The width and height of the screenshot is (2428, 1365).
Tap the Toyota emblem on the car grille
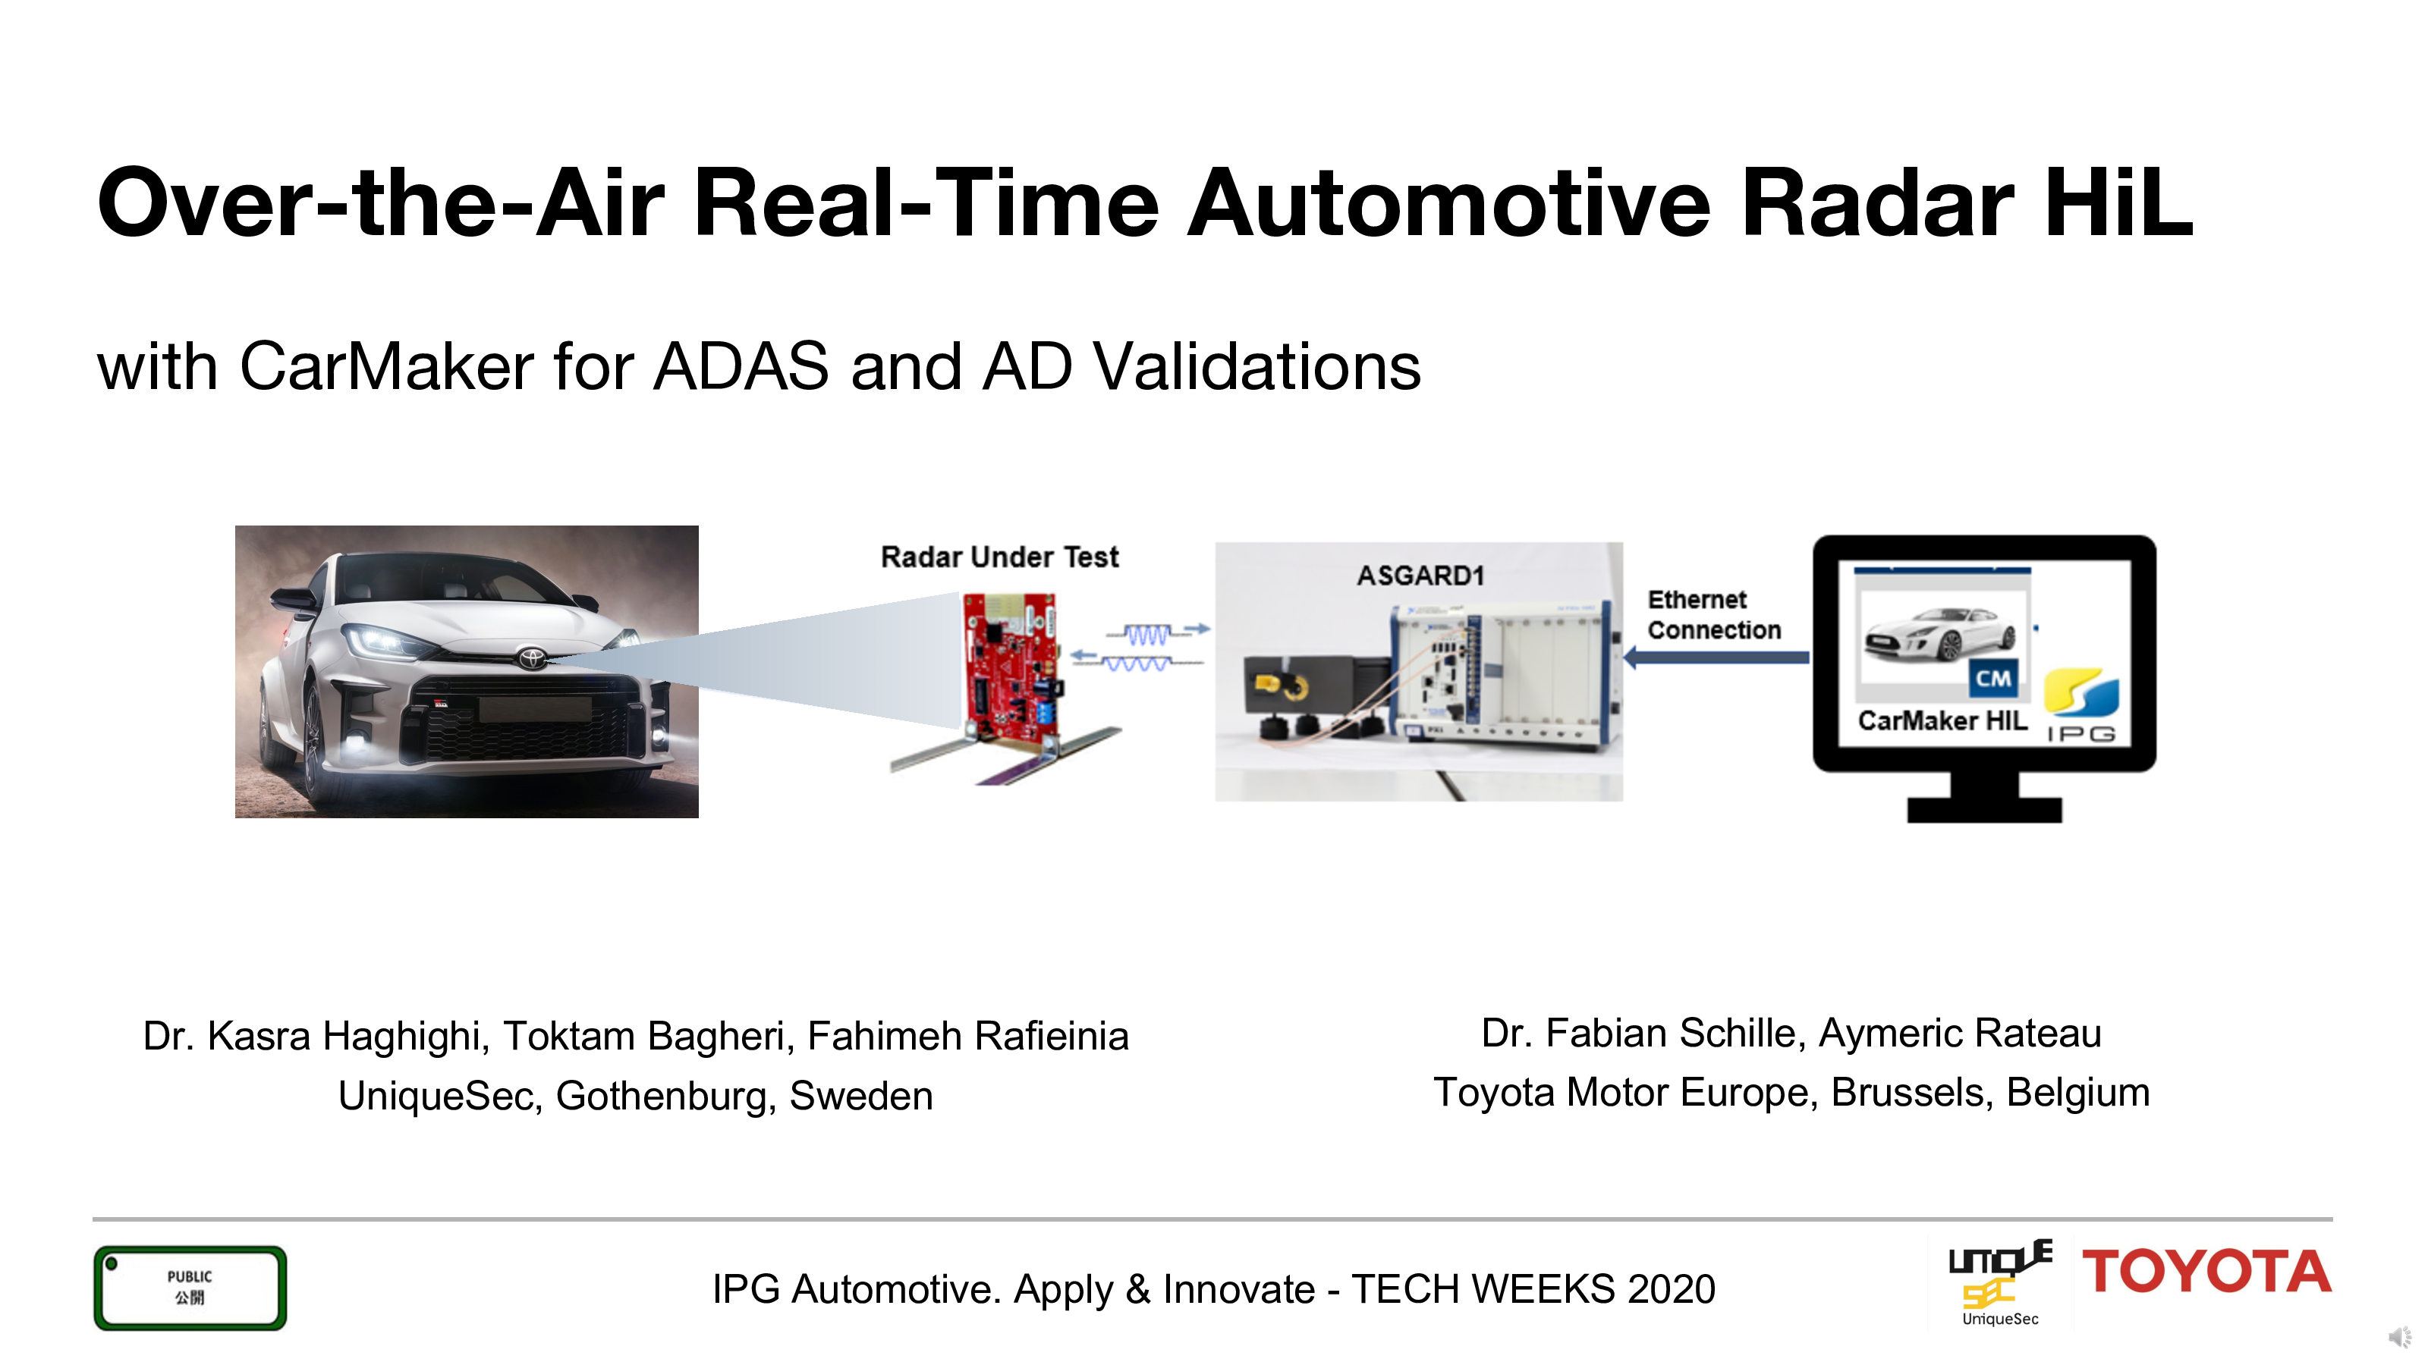coord(532,656)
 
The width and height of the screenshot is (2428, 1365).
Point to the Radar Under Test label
coord(999,557)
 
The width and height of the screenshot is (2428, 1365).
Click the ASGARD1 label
coord(1420,575)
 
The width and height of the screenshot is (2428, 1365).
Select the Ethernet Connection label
coord(1713,614)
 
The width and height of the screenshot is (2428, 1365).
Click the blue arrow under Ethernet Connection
coord(1716,657)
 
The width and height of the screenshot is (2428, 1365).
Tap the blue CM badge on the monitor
coord(1992,678)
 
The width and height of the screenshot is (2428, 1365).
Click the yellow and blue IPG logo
coord(2081,704)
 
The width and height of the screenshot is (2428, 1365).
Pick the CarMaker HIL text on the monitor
coord(1942,720)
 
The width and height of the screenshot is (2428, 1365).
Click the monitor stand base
coord(1984,808)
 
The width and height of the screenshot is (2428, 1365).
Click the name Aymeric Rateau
coord(1960,1034)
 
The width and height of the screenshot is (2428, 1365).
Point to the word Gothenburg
coord(666,1096)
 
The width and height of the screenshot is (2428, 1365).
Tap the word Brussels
coord(1911,1093)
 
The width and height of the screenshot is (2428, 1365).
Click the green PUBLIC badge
coord(190,1288)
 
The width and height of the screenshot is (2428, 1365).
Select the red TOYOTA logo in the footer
coord(2206,1272)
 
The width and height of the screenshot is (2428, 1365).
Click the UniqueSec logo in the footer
coord(2000,1283)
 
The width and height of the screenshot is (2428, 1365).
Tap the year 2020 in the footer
coord(1671,1288)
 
